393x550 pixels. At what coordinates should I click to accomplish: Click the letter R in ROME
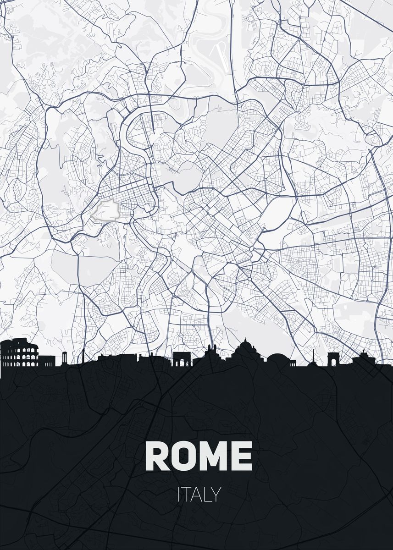[157, 456]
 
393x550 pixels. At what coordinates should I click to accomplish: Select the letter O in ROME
[183, 456]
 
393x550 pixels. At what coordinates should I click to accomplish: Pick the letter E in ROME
[242, 456]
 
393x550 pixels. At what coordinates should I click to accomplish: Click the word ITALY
[199, 495]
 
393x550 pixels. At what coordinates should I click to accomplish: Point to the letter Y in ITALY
[216, 495]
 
